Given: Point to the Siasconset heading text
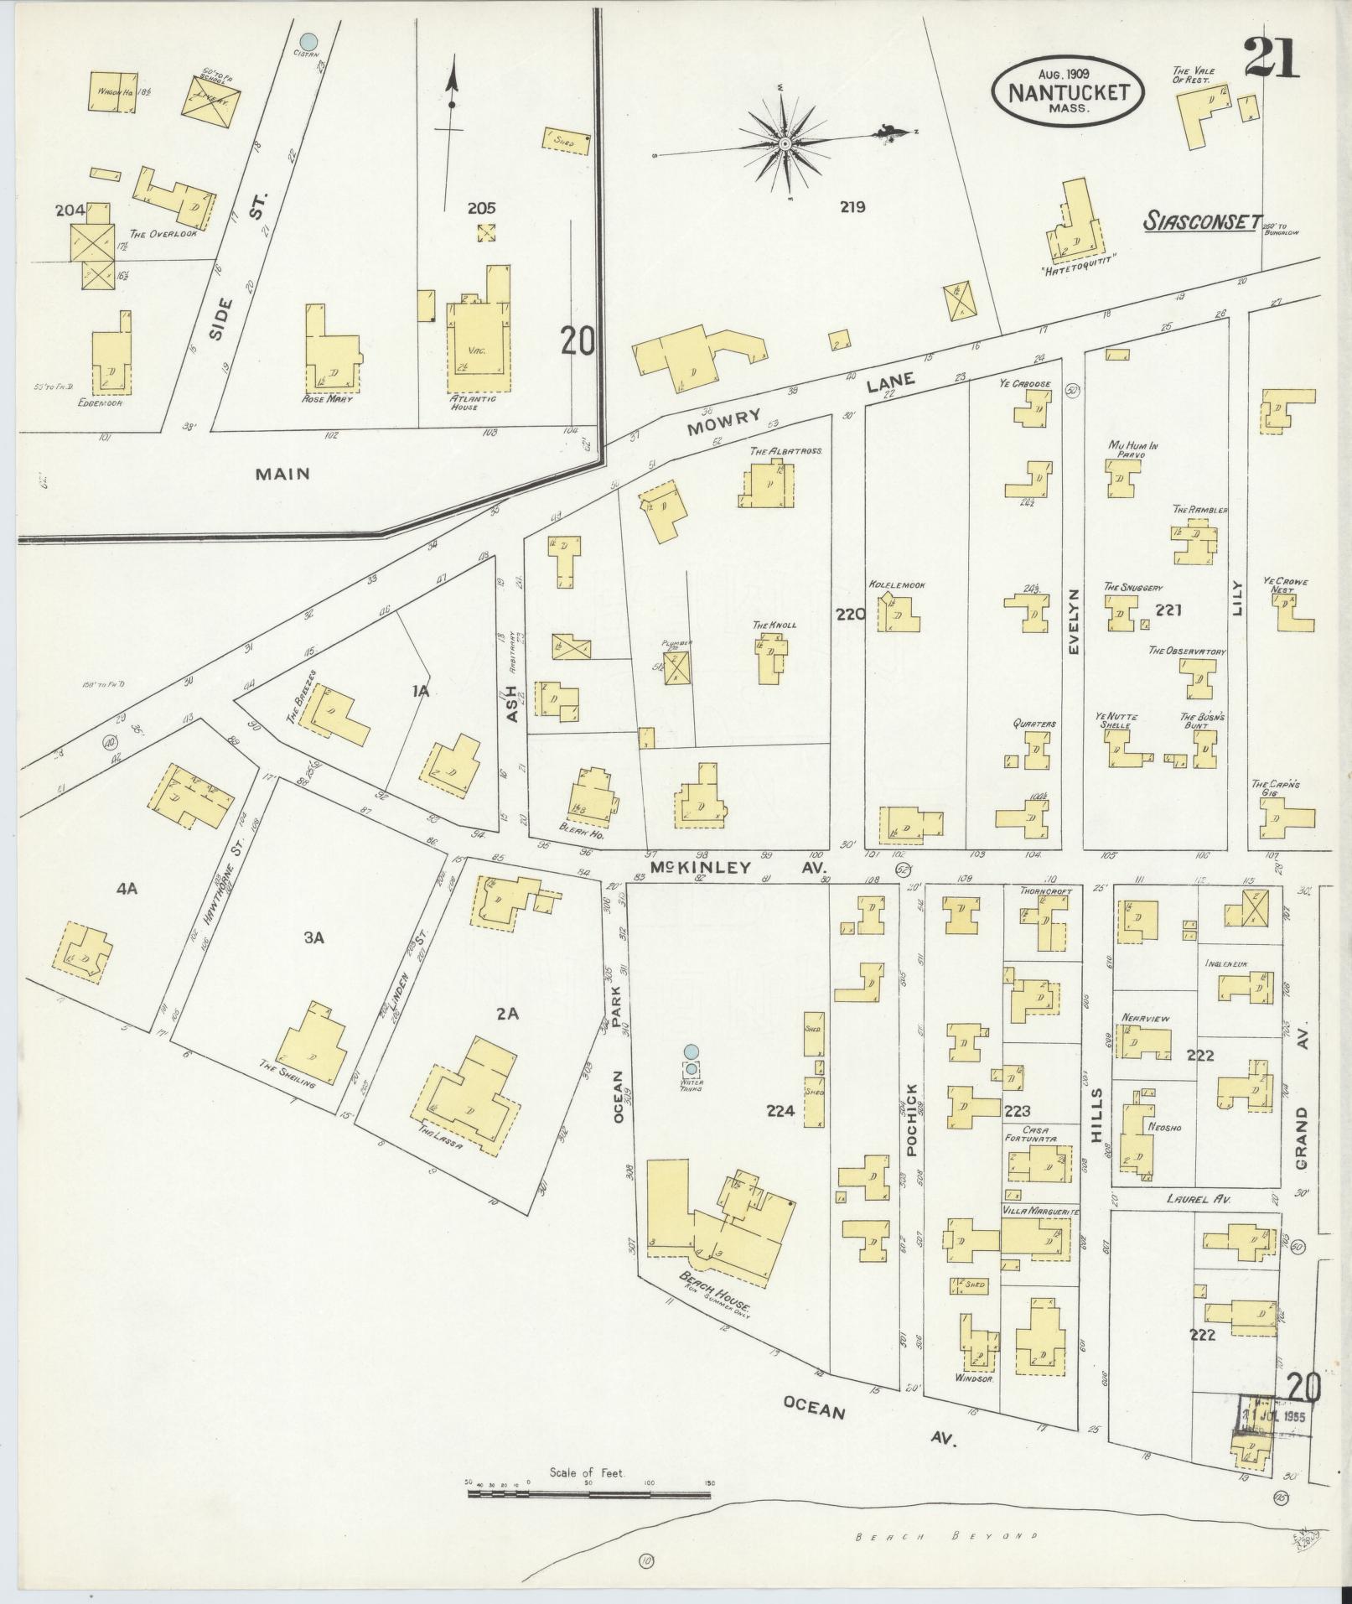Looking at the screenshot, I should coord(1202,221).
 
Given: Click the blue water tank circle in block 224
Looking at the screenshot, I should coord(690,1051).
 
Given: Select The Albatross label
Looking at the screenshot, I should coord(786,450).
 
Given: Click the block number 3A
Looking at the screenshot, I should coord(313,937).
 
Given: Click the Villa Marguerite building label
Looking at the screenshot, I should coord(1040,1212).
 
